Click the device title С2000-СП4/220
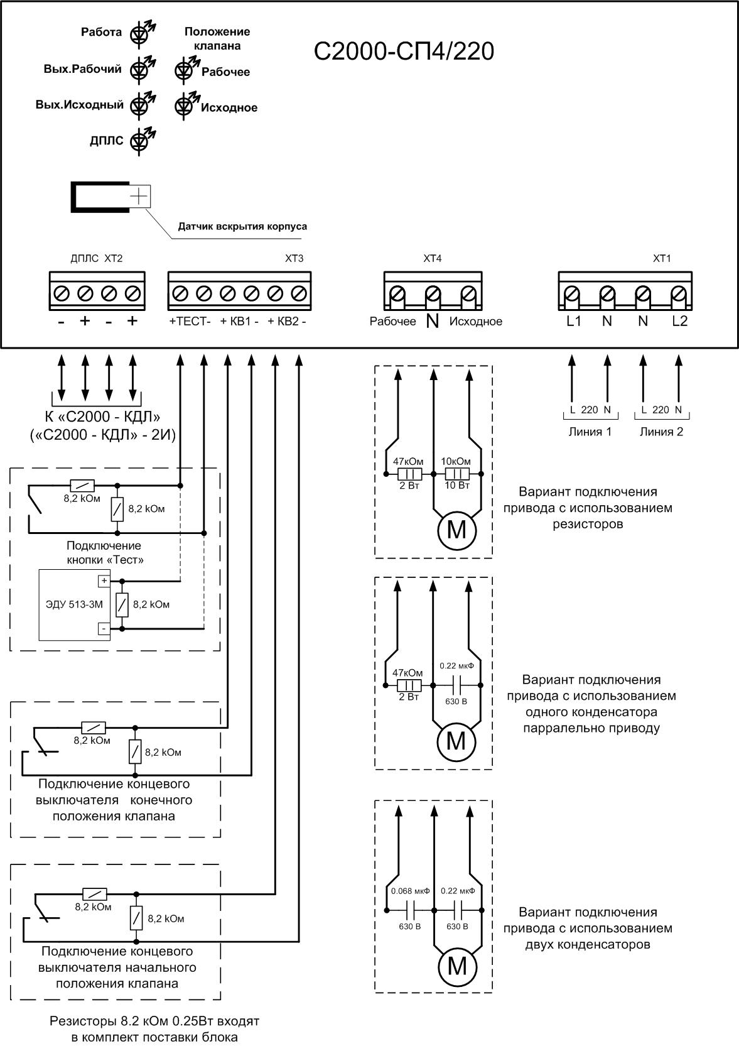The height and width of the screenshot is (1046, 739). (404, 52)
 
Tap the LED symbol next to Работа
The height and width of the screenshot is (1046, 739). (139, 34)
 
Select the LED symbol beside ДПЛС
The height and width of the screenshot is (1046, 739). (139, 141)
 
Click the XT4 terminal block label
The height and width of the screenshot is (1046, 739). (433, 258)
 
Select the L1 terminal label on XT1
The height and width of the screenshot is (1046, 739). (574, 322)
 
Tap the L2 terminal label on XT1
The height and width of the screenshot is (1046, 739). (679, 322)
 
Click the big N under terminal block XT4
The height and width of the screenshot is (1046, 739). (432, 322)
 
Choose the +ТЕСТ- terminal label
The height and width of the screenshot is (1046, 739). (190, 322)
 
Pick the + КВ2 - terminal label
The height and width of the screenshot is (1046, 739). (287, 322)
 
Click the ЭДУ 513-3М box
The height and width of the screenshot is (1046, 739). (74, 604)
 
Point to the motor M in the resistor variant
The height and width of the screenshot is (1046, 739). (456, 530)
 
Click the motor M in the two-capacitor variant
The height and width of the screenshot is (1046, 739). (456, 966)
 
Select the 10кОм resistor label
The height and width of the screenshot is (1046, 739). (456, 461)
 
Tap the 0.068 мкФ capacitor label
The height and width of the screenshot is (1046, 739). (410, 891)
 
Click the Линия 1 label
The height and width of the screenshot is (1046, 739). (590, 432)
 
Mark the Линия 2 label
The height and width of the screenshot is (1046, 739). (661, 432)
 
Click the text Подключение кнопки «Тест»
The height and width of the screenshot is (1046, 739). (104, 552)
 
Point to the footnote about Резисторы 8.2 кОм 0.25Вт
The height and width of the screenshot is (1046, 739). (154, 1029)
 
